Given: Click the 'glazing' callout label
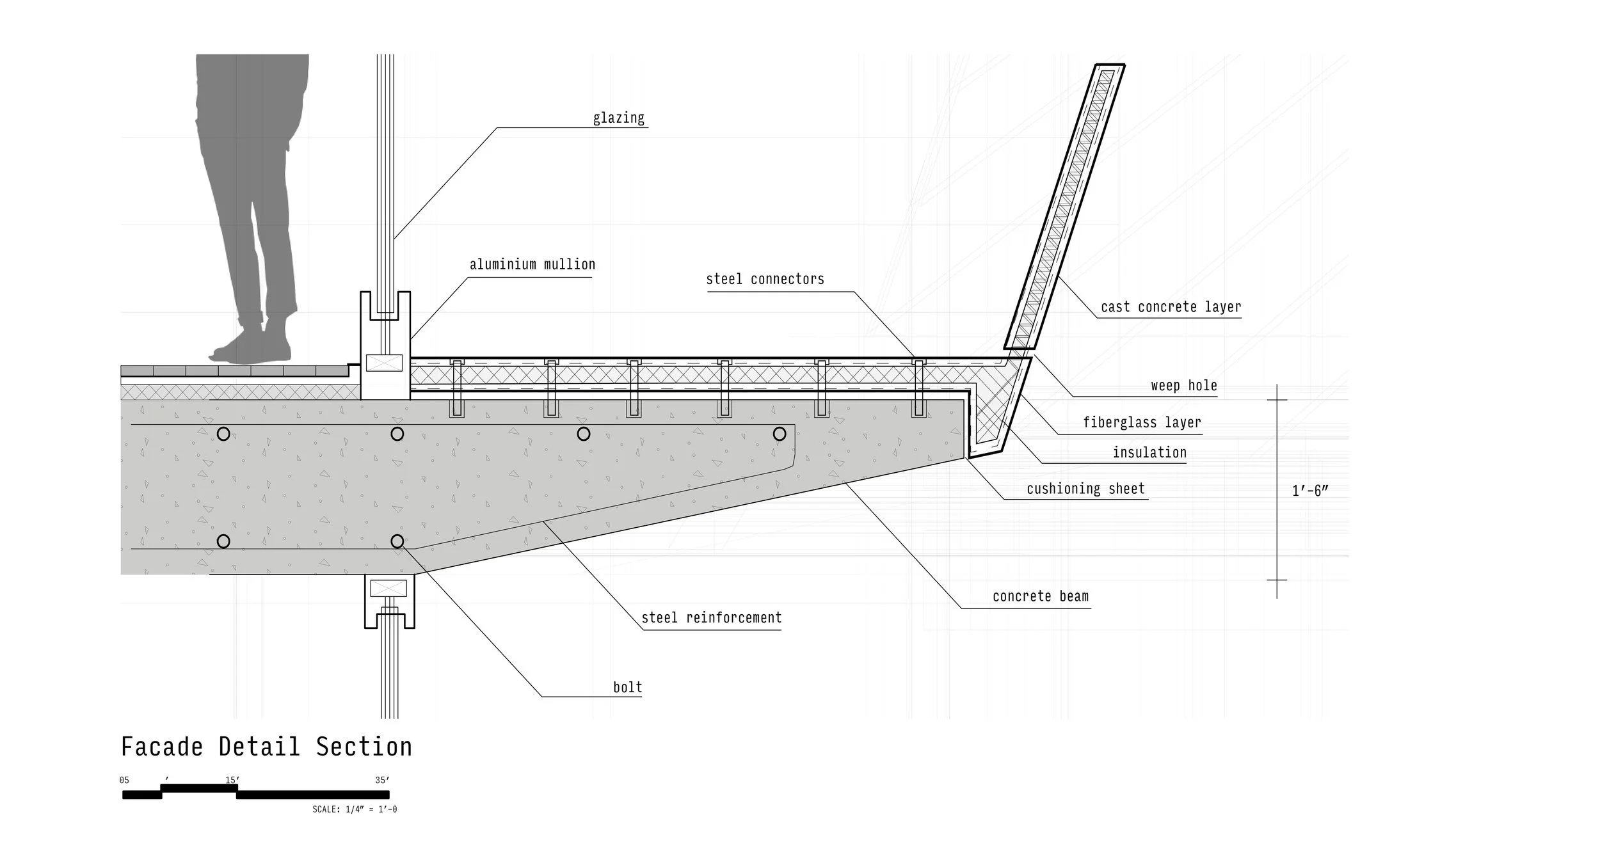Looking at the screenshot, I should click(618, 118).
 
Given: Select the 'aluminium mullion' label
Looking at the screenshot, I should click(532, 264).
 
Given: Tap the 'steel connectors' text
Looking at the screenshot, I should click(765, 279).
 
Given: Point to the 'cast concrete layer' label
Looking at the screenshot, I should click(1171, 307).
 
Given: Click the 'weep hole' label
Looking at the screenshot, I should click(1183, 386).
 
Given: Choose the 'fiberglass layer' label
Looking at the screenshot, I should click(1142, 422).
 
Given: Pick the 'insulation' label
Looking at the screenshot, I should click(1149, 452).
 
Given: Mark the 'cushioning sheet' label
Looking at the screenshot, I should click(1085, 489).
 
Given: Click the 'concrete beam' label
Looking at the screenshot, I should click(1040, 596).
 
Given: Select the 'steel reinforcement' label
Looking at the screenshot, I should click(711, 617).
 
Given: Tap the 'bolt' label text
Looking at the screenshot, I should click(627, 687).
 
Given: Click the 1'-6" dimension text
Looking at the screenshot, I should click(1310, 491).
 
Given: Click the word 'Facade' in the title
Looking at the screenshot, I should click(162, 747).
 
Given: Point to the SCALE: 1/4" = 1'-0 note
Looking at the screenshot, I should click(355, 809).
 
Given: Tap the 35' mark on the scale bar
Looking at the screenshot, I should click(382, 780).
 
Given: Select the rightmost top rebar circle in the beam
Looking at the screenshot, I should click(779, 434).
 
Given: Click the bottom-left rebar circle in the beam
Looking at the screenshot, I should click(223, 541).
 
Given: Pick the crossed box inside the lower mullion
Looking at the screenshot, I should click(388, 588).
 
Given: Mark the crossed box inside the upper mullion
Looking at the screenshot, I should click(384, 363).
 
